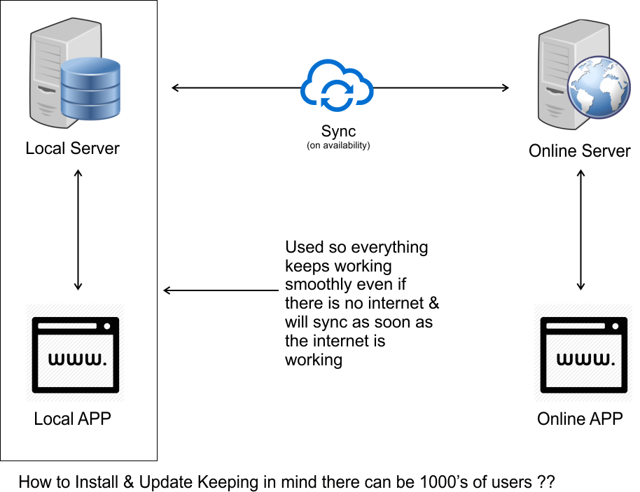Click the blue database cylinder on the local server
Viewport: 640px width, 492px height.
[90, 89]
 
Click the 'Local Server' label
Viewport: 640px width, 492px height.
[73, 148]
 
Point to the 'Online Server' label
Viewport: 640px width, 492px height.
[580, 151]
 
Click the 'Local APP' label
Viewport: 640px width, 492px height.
[73, 419]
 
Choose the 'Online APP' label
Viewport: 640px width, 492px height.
[580, 419]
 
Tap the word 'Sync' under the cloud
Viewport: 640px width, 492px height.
[338, 131]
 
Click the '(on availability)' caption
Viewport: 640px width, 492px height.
[338, 146]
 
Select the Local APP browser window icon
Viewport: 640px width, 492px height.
[75, 352]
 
